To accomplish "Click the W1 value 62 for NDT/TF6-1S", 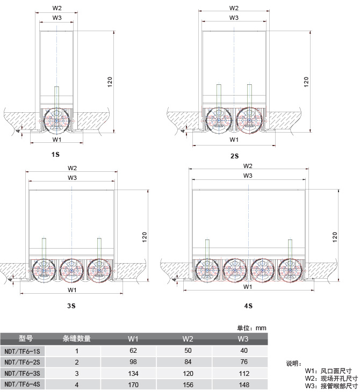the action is tap(133, 351).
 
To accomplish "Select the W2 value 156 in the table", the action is tap(188, 384).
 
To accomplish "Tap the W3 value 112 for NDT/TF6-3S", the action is tap(244, 373).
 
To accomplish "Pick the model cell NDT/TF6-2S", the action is tap(22, 362).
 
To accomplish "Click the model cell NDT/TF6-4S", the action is tap(22, 384).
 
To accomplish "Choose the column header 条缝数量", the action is tap(76, 338).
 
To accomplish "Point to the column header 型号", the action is tap(26, 338).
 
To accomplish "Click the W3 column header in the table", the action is tap(243, 339).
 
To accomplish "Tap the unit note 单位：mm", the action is tap(251, 328).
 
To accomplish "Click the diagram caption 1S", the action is tap(55, 155).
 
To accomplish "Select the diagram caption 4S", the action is tap(248, 306).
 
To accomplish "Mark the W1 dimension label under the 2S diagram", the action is tap(234, 140).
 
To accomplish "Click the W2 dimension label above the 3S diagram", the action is tap(72, 168).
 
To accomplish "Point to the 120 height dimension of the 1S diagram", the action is tap(110, 82).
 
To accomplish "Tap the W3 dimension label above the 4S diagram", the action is tap(248, 176).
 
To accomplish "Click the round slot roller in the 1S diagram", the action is tap(56, 120).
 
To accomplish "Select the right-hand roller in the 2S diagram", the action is tap(249, 120).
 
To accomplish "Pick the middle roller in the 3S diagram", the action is tap(71, 271).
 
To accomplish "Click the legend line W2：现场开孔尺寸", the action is tap(332, 378).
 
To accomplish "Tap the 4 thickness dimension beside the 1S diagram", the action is tap(18, 130).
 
